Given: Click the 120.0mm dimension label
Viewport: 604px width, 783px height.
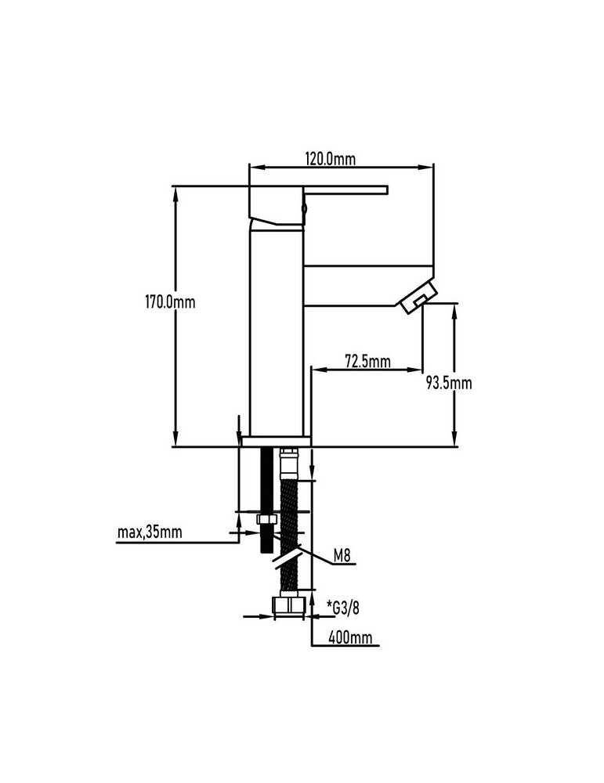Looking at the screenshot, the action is point(331,159).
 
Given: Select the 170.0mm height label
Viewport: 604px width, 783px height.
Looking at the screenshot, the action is point(170,302).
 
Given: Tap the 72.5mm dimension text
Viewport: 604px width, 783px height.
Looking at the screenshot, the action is point(367,360).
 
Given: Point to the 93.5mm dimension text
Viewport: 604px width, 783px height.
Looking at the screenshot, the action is point(449,383).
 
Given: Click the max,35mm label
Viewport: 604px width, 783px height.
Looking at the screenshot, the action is point(150,532).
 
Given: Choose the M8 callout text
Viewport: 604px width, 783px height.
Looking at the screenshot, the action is point(342,555).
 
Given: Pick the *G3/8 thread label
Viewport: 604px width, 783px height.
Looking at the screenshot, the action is point(343,608).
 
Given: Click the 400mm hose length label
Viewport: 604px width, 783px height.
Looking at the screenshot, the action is point(350,637).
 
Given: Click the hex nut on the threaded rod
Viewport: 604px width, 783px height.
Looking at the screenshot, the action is point(267,519).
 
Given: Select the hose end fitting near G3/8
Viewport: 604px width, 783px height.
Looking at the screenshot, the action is point(289,605).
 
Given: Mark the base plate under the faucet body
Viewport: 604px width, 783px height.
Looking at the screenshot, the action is point(275,441).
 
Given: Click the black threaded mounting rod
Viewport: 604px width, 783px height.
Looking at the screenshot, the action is point(267,500).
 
